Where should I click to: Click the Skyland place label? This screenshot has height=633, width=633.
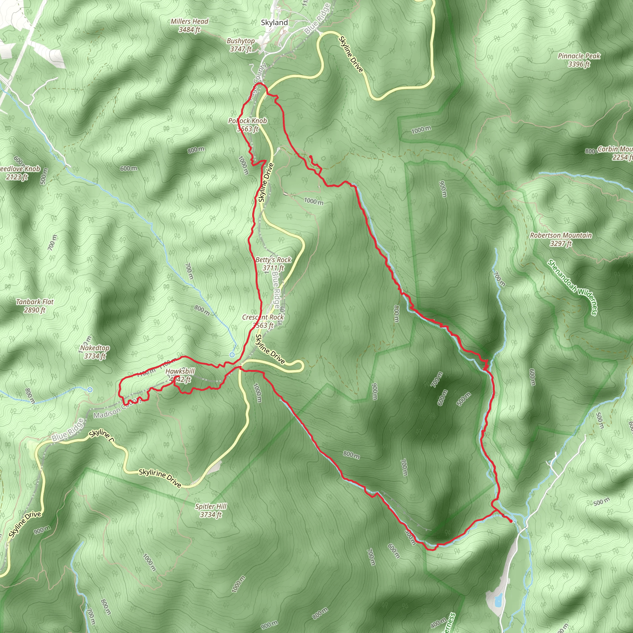click(274, 23)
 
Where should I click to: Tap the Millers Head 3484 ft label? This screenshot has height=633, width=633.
click(189, 26)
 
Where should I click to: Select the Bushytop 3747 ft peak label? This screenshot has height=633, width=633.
click(241, 45)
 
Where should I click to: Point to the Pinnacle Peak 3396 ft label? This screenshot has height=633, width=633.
click(579, 60)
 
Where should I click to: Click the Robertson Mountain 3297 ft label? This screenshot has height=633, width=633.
click(561, 239)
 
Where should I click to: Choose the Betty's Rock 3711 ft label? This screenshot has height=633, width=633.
click(273, 264)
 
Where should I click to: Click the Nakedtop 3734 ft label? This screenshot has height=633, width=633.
click(95, 352)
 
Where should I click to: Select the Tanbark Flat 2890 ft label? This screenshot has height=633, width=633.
click(35, 306)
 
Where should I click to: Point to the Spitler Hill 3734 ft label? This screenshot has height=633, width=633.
click(211, 511)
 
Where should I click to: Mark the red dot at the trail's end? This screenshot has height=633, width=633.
click(511, 521)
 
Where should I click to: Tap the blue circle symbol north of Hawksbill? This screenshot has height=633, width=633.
click(232, 355)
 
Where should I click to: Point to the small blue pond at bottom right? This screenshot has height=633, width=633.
click(498, 600)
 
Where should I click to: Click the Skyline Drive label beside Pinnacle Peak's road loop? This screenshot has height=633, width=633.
click(351, 54)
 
